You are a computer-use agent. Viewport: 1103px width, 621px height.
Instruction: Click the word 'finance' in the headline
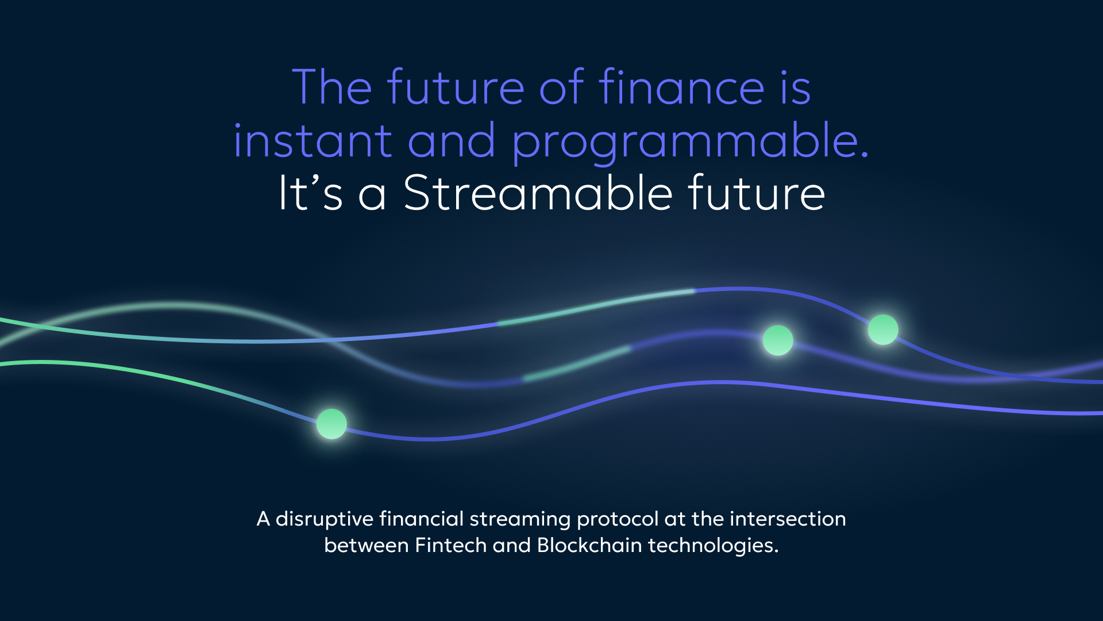pos(681,87)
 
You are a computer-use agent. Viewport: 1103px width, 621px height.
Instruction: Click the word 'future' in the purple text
pos(456,87)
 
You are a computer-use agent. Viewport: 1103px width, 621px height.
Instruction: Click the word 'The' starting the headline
pos(332,87)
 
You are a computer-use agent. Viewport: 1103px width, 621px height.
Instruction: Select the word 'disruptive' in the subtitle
pos(325,519)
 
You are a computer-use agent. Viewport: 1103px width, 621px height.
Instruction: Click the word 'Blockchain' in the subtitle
pos(589,545)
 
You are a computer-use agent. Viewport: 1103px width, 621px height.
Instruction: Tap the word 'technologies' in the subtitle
pos(713,546)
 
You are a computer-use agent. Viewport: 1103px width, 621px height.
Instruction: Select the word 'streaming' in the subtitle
pos(520,520)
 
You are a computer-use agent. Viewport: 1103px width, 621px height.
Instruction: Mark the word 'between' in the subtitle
pos(367,545)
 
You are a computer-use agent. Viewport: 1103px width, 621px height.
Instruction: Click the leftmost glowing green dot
pos(331,424)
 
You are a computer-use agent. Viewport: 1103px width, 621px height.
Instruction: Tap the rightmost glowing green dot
pos(883,329)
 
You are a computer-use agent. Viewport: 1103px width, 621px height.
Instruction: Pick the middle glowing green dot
pos(778,340)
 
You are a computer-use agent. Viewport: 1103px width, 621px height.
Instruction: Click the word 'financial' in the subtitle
pos(422,519)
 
